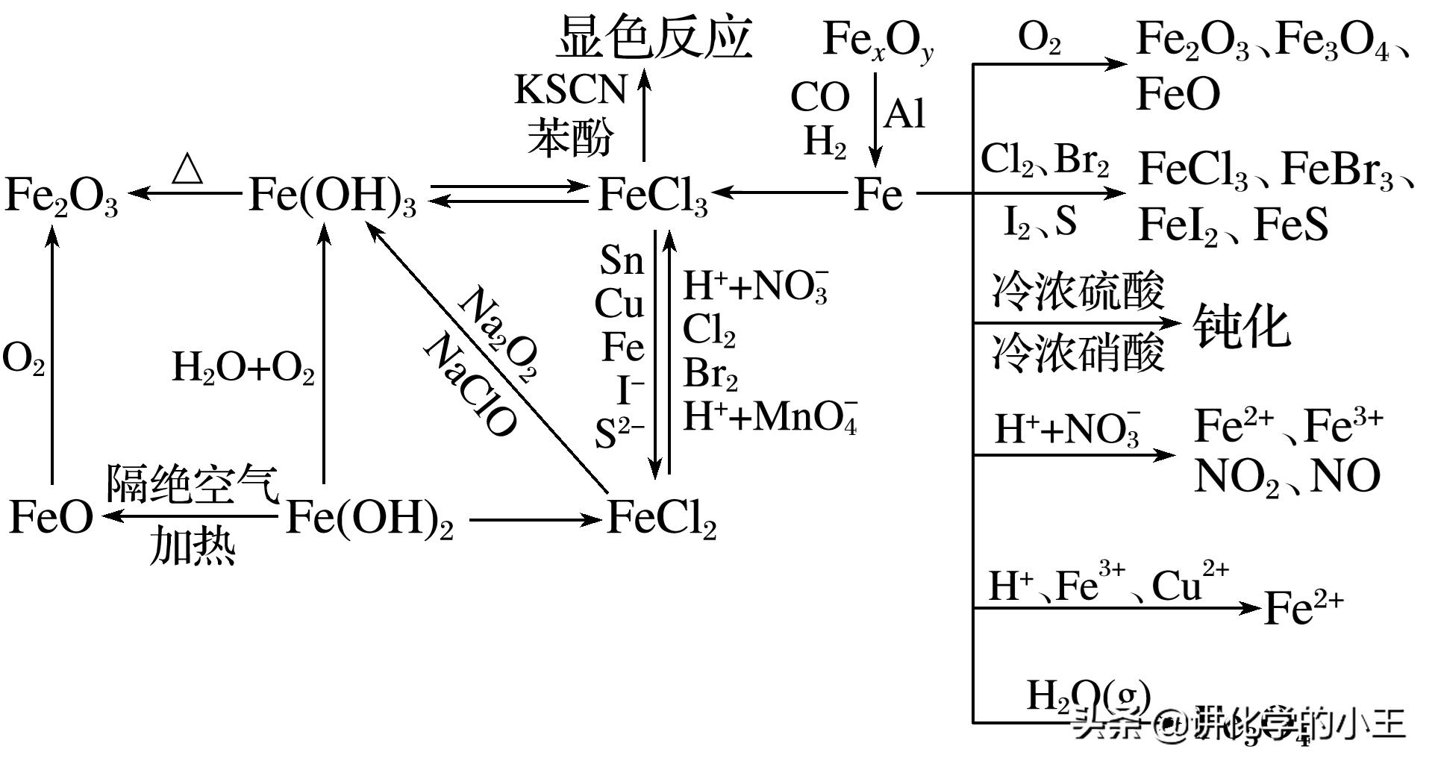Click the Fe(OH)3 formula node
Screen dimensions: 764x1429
pos(332,195)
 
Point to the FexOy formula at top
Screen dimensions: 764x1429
pos(878,40)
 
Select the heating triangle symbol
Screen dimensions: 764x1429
pos(187,169)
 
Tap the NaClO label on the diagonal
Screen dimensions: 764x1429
pos(469,385)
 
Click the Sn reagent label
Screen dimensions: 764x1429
pos(621,260)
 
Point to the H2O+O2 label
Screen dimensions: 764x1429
pos(243,368)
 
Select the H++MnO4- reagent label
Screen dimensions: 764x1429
pos(770,416)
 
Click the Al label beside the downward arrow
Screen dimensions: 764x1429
pos(904,114)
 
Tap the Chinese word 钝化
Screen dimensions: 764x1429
pos(1241,326)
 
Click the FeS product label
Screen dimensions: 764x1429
pos(1291,224)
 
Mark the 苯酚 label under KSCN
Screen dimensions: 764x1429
pos(570,138)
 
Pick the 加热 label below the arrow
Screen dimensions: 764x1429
pos(193,546)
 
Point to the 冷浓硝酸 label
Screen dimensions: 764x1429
pos(1078,353)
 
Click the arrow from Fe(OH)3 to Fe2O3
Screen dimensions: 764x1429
pos(186,194)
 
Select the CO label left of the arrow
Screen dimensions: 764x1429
pos(819,97)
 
